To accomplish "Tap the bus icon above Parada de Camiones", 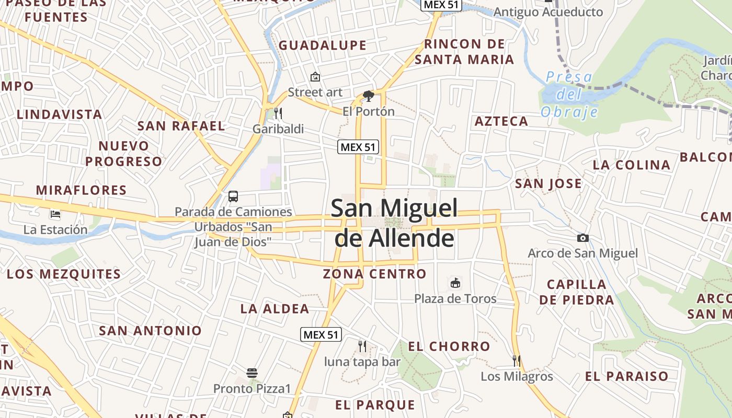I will tap(233, 197).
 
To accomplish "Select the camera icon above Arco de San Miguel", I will tap(582, 238).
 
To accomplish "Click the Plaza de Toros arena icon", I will tap(455, 283).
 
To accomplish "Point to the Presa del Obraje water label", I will tap(569, 95).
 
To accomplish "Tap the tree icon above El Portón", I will tap(369, 96).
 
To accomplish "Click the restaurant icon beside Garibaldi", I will tap(278, 113).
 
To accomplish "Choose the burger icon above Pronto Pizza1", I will tap(252, 373).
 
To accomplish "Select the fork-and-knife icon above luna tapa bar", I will tap(362, 346).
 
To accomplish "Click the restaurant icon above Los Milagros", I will tap(517, 361).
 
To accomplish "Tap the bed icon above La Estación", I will tap(55, 214).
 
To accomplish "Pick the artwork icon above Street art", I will tap(315, 77).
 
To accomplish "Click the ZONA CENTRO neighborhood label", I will tap(374, 274).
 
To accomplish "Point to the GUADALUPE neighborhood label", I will tap(323, 45).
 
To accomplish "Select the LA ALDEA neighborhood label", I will tap(274, 309).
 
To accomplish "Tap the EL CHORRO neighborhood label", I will tap(449, 346).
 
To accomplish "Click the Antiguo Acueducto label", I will tap(548, 12).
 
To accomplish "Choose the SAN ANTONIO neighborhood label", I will tap(150, 331).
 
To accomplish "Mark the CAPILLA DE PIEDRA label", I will tap(577, 292).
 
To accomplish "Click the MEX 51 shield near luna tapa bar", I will tap(321, 335).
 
